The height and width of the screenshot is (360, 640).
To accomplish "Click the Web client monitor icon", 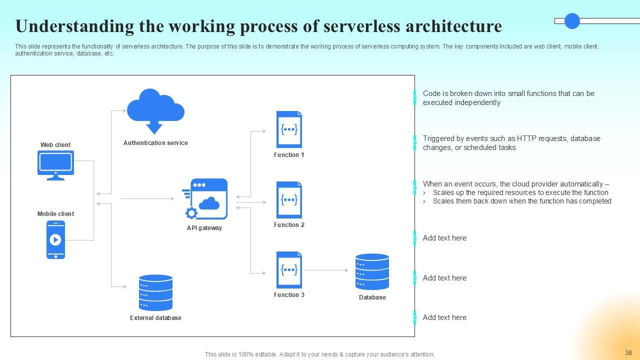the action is [55, 165].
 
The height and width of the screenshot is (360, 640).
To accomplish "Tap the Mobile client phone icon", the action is [55, 239].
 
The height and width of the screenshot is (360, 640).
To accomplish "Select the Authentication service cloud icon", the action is [155, 111].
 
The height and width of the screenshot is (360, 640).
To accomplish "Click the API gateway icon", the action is [205, 199].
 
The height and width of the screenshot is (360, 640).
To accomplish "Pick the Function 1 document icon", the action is [289, 129].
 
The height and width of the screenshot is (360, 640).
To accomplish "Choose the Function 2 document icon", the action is [289, 200].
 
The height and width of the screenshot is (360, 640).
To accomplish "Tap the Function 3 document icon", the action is [289, 270].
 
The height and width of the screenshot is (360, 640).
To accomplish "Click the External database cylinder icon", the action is [155, 292].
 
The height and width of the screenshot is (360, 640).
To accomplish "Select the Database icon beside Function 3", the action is [372, 271].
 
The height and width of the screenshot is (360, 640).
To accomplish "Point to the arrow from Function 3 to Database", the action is [326, 270].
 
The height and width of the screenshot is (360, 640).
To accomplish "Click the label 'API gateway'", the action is [204, 228].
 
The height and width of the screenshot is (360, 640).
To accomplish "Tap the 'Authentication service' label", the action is [155, 143].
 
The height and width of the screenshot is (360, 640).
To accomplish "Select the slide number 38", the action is [628, 353].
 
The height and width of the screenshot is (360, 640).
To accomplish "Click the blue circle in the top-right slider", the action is [572, 21].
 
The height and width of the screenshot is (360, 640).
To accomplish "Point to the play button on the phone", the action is [55, 239].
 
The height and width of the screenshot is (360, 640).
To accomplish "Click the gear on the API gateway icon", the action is [191, 213].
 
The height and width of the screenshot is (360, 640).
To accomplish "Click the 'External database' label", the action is [155, 318].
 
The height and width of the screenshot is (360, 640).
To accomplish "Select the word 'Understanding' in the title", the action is [75, 27].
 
